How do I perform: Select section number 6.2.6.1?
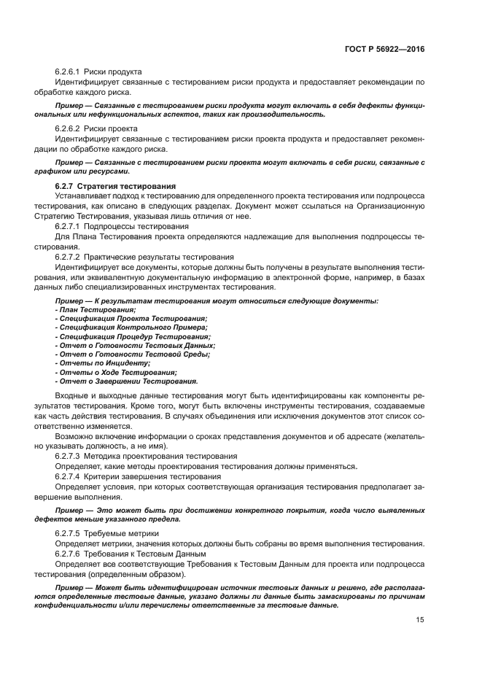[67, 71]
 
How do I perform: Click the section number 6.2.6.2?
[67, 128]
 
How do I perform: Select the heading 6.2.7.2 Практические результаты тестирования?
[144, 257]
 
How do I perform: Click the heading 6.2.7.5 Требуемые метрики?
[106, 534]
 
